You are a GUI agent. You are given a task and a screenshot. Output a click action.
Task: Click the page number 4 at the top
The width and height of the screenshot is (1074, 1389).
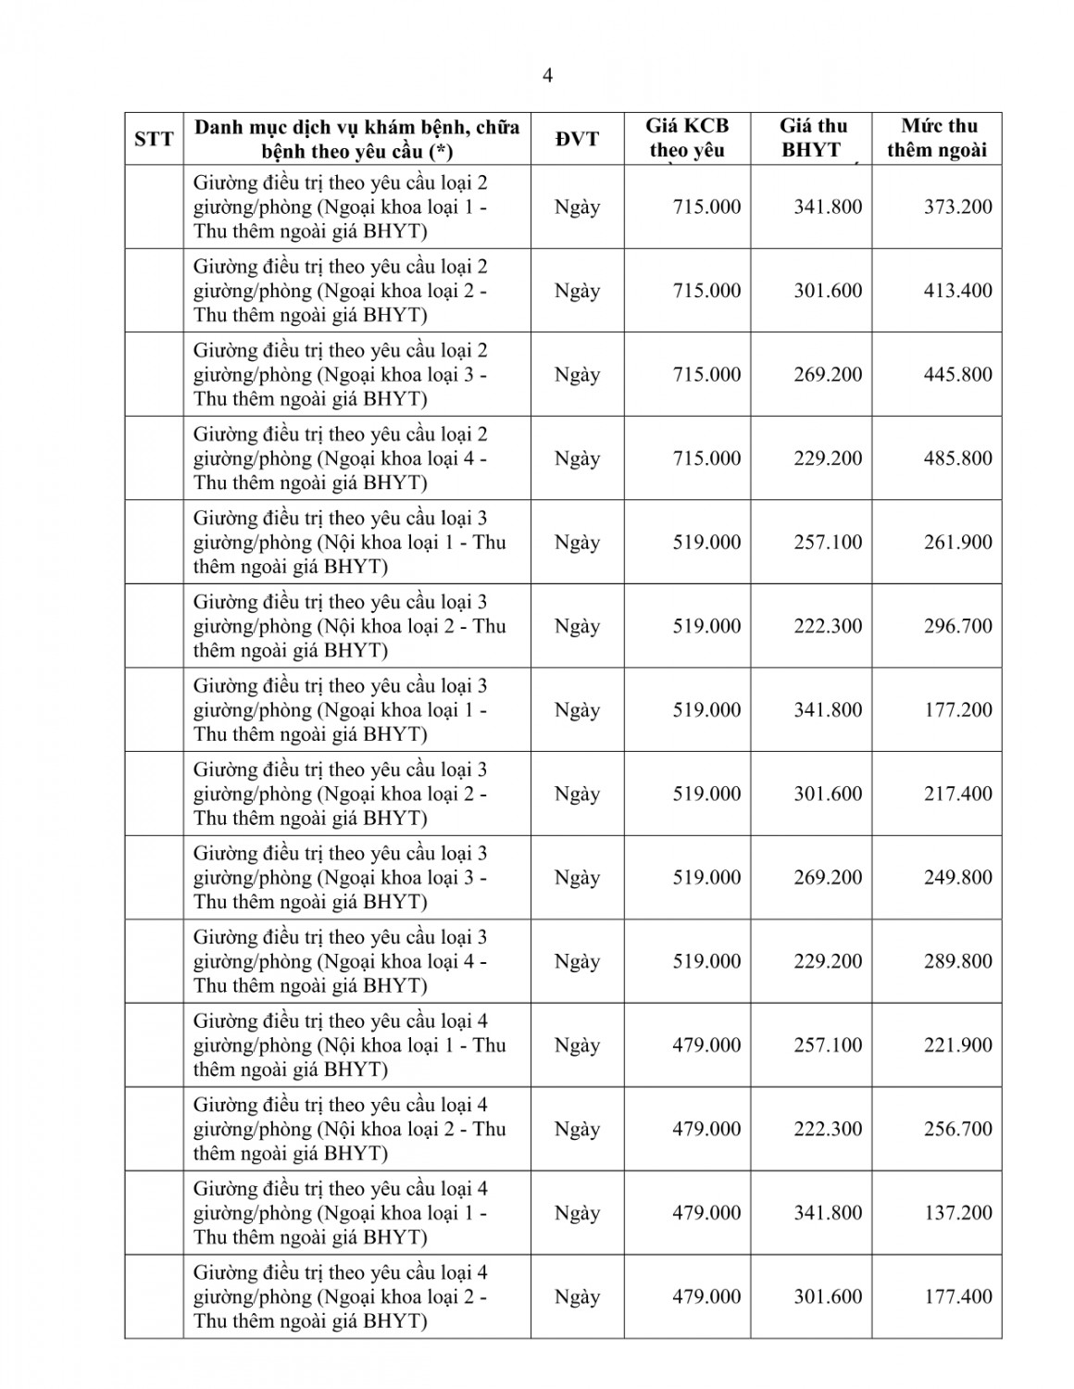tap(547, 76)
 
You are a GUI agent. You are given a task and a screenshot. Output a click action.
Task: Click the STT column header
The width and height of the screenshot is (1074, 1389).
tap(154, 139)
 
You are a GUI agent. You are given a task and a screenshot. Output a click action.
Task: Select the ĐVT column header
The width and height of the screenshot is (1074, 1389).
tap(577, 139)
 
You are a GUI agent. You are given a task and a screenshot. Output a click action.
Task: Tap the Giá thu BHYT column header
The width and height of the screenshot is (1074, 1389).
tap(812, 138)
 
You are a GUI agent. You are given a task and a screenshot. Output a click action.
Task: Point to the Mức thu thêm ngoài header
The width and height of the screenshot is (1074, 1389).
tap(937, 138)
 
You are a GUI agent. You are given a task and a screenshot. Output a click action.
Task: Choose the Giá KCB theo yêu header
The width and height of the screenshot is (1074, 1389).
tap(687, 138)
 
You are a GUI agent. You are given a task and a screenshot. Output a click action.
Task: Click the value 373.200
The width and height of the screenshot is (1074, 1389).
tap(957, 206)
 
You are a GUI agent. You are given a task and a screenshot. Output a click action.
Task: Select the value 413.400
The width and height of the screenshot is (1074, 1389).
tap(957, 291)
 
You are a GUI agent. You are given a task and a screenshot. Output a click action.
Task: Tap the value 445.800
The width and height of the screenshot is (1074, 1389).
tap(957, 374)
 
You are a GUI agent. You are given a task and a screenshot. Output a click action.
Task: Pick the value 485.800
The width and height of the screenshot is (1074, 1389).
tap(957, 458)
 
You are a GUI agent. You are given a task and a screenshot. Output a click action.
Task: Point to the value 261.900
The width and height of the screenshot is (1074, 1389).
tap(957, 543)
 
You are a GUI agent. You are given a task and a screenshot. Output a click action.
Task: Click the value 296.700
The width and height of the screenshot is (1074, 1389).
tap(957, 626)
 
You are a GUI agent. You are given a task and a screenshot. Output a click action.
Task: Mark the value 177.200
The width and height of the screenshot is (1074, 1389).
tap(957, 710)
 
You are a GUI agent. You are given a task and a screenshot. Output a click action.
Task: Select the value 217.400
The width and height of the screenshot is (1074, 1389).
tap(957, 794)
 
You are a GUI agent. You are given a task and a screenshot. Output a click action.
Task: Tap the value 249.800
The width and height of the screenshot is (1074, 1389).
tap(957, 878)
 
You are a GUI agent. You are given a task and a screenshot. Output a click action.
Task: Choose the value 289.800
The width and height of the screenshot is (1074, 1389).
tap(957, 961)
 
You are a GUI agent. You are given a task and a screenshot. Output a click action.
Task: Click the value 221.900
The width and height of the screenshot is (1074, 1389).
tap(957, 1045)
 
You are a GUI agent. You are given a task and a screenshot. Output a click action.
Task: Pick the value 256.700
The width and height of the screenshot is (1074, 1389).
tap(957, 1129)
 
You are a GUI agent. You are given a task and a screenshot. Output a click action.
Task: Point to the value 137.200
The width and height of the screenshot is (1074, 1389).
tap(957, 1213)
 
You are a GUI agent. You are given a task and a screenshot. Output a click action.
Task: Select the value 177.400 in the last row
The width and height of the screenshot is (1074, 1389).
tap(957, 1296)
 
